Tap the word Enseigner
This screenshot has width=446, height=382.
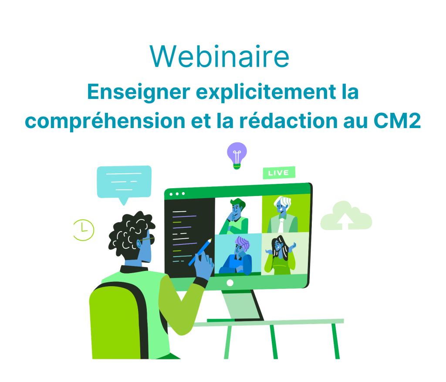[x=139, y=92]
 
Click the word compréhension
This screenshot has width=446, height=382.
[x=105, y=121]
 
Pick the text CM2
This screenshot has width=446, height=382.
[x=397, y=121]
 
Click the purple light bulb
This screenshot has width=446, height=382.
[x=237, y=156]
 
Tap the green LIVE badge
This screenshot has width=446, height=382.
[x=279, y=172]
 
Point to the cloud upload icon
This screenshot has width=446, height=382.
[x=346, y=216]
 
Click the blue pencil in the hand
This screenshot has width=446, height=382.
[x=200, y=252]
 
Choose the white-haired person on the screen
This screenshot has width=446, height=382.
[x=282, y=214]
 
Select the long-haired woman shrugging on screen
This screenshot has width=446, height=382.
[x=280, y=255]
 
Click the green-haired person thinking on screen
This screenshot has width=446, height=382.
[x=235, y=216]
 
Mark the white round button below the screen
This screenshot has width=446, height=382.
[x=230, y=283]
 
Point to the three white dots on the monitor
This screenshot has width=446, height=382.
[x=177, y=194]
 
